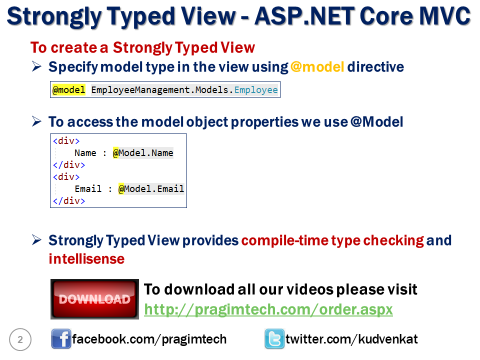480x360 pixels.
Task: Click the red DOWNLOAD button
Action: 94,299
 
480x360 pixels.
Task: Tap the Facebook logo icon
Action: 61,339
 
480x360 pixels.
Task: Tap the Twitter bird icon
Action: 274,339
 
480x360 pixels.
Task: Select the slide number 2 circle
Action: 20,339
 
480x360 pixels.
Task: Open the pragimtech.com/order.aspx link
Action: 268,309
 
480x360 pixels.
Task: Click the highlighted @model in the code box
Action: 69,89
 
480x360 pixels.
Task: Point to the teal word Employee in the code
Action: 256,89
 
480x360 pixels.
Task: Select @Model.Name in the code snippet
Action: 143,153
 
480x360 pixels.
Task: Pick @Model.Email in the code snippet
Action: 151,189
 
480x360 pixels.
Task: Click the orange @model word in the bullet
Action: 317,66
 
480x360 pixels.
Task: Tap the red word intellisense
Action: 86,259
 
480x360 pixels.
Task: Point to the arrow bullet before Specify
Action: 36,66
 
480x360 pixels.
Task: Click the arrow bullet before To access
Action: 36,121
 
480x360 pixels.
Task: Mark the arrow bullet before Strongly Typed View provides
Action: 36,240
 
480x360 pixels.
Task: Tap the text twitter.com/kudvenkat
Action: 351,339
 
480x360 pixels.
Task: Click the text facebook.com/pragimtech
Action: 149,339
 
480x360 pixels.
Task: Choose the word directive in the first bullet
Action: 375,66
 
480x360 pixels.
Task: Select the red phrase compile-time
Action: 285,240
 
